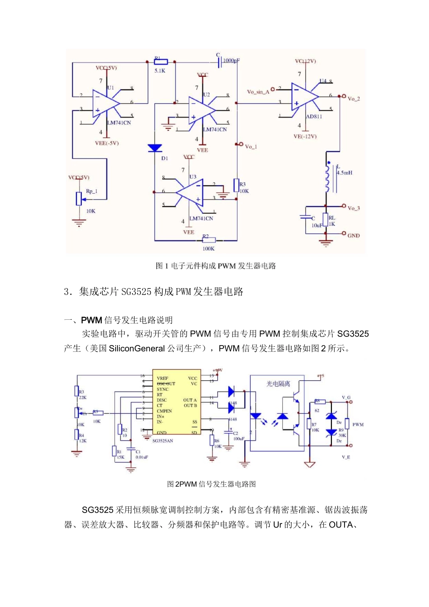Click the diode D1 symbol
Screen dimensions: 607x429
(155, 148)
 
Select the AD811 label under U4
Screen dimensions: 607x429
(314, 117)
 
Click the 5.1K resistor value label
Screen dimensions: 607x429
(160, 71)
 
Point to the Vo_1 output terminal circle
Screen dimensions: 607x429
(241, 144)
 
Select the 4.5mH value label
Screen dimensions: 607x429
(345, 173)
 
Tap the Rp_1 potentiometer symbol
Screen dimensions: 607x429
(79, 198)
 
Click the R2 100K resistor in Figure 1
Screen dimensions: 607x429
(209, 240)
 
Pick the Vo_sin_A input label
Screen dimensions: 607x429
(258, 92)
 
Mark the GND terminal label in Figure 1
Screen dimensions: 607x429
(354, 235)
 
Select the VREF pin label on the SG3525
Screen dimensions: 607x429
(163, 378)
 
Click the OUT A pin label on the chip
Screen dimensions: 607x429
(190, 400)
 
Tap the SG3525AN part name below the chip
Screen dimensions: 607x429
(163, 441)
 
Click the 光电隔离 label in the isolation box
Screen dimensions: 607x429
(278, 384)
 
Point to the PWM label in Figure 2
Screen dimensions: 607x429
(358, 425)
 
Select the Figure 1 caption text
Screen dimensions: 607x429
(215, 266)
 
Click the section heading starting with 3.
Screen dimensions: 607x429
(154, 292)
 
